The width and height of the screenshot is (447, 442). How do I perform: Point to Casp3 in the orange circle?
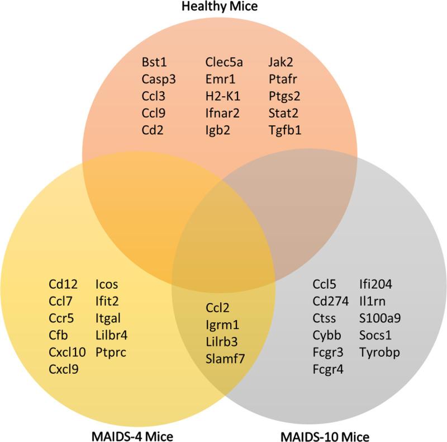tap(158, 79)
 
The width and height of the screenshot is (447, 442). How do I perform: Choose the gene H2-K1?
tap(221, 96)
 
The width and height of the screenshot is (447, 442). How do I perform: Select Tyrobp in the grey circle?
tap(380, 353)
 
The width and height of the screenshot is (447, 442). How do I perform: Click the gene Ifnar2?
tap(222, 114)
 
